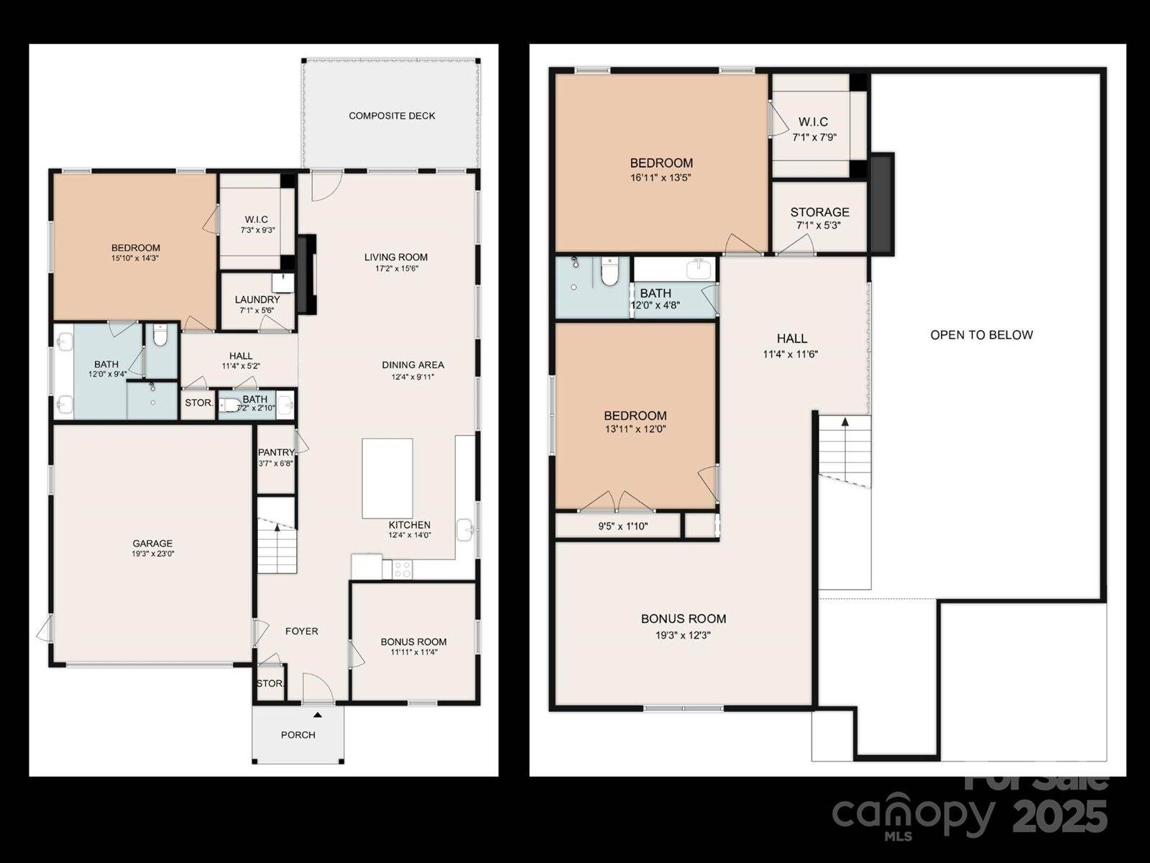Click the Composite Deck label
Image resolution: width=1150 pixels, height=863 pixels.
coord(392,116)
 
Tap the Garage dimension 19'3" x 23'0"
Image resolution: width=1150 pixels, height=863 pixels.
coord(152,554)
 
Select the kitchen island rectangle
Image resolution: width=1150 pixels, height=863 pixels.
coord(387,478)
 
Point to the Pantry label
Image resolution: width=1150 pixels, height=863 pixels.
coord(276,452)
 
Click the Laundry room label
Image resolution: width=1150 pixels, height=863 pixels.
coord(257,299)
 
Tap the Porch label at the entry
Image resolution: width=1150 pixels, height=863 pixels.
coord(298,735)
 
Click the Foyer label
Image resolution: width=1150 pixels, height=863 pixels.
coord(301,631)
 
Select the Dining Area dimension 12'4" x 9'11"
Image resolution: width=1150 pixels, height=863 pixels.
coord(413,376)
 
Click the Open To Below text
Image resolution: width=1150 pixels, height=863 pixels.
coord(981,334)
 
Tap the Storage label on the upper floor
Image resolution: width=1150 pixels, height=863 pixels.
coord(819,212)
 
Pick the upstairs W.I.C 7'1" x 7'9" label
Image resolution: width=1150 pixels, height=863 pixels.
coord(814,136)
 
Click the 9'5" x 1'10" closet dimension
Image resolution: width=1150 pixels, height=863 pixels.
coord(622,526)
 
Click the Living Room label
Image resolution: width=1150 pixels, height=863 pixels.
coord(395,257)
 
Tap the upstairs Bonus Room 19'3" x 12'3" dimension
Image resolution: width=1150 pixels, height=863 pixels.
coord(683,635)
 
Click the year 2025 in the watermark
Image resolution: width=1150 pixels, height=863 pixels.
coord(1060,816)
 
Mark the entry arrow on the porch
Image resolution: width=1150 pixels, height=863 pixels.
coord(316,714)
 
